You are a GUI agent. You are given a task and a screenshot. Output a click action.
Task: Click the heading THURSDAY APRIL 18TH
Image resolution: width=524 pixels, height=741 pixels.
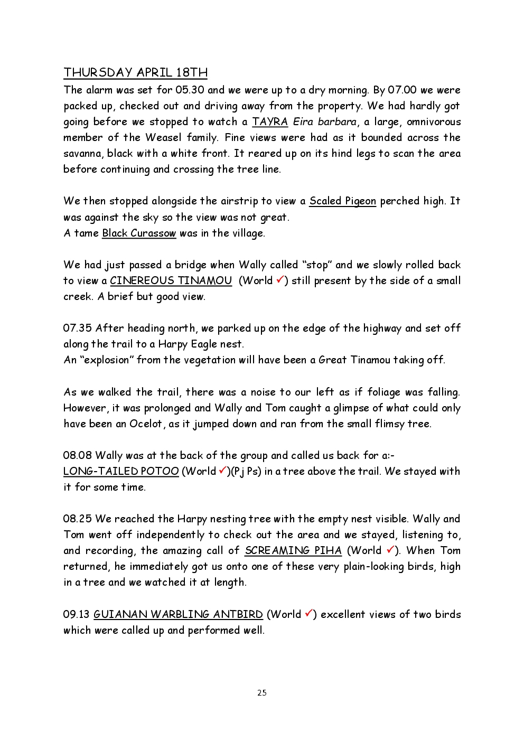pos(135,72)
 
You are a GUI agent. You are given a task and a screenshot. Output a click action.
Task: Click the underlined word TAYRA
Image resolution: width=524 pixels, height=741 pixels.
pos(269,121)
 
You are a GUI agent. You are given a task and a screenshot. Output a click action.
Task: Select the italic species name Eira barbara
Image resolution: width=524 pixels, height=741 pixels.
pos(325,121)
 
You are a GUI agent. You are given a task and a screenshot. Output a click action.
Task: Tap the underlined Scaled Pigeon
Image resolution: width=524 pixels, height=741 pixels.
pos(342,201)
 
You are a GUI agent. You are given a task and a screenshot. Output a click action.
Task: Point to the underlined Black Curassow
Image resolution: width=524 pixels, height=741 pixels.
pos(138,233)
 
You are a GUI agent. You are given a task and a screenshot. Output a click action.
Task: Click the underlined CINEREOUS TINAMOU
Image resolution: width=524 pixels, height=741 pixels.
pos(171,280)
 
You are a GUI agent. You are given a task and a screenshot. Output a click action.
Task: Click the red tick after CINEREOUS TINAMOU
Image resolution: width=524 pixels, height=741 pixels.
pos(280,279)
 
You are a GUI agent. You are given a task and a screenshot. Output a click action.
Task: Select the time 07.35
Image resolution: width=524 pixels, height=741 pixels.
pos(77,328)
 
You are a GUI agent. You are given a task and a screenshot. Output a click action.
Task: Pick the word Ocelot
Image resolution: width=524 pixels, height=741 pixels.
pos(146,424)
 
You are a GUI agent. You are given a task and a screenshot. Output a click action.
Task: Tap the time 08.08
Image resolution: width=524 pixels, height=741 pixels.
pos(77,455)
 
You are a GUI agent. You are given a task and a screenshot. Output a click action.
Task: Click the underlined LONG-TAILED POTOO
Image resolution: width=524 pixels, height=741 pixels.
pos(121,471)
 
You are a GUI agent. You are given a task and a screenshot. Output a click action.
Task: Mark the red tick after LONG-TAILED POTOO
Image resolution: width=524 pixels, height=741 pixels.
pos(222,470)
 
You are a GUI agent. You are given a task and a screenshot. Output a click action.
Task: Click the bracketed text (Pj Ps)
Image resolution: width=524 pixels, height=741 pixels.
pos(246,471)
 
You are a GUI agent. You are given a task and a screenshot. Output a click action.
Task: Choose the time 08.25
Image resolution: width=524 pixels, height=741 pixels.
pos(77,519)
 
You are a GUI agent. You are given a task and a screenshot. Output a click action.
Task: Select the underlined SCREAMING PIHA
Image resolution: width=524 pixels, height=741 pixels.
pos(293,550)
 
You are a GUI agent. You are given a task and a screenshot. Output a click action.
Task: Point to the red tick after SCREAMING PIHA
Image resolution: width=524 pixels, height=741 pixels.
pos(390,549)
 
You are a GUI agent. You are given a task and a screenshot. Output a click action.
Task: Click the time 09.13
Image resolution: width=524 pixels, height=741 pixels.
pos(76,614)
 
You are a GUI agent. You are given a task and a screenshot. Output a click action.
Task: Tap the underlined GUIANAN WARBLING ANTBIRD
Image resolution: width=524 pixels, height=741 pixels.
pos(178,614)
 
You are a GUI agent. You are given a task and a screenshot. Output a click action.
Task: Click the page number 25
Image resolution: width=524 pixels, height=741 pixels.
pos(262,693)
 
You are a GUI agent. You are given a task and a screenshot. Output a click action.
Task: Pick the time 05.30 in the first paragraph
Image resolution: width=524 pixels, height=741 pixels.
pos(190,90)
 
